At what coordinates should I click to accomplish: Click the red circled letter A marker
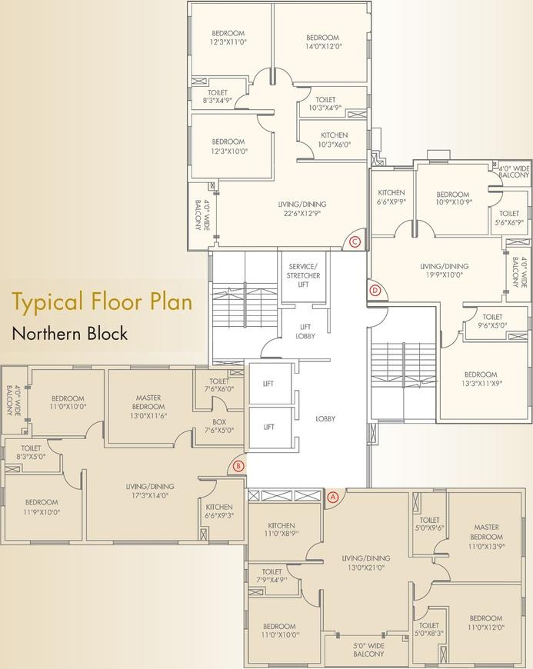[x=333, y=497]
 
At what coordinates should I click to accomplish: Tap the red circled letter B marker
[x=239, y=466]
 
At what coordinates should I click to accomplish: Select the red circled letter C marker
[x=355, y=242]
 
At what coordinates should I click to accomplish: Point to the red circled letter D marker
[x=375, y=291]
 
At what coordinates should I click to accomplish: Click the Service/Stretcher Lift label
[x=303, y=275]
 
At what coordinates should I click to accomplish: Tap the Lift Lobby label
[x=305, y=331]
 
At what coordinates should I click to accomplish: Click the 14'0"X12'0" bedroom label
[x=322, y=42]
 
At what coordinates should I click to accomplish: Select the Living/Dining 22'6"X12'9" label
[x=301, y=208]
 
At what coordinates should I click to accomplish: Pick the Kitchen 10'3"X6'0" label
[x=334, y=139]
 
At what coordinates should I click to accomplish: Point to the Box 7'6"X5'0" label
[x=219, y=426]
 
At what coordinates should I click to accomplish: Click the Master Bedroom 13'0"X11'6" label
[x=148, y=407]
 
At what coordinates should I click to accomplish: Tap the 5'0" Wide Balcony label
[x=368, y=650]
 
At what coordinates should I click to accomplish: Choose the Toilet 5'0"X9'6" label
[x=429, y=524]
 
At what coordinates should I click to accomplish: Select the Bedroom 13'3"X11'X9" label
[x=481, y=379]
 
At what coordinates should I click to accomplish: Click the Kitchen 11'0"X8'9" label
[x=281, y=530]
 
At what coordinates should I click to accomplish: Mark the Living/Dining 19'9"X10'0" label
[x=445, y=271]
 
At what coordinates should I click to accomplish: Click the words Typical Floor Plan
[x=102, y=302]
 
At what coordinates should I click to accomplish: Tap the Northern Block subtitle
[x=70, y=333]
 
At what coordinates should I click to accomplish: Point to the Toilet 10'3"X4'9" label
[x=325, y=104]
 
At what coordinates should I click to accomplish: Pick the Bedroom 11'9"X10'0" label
[x=42, y=507]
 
